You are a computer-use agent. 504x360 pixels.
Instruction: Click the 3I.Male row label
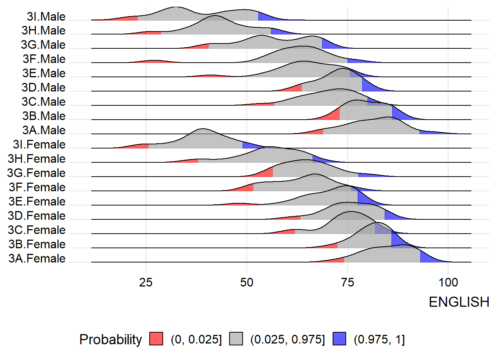[46, 16]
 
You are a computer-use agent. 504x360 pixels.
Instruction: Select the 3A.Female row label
[37, 258]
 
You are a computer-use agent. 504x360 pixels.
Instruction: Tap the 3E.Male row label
[43, 73]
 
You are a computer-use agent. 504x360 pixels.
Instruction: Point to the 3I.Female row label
[39, 144]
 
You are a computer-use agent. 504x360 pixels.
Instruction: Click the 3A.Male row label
[43, 130]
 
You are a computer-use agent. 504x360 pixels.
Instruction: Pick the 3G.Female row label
[36, 173]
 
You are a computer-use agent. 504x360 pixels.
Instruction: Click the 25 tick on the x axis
[145, 282]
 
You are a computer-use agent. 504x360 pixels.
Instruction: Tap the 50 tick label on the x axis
[246, 282]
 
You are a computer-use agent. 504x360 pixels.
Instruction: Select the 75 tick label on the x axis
[347, 282]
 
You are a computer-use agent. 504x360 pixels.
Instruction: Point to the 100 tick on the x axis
[448, 282]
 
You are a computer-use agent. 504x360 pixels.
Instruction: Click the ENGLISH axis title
[459, 302]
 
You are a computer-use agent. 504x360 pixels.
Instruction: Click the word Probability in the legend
[111, 339]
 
